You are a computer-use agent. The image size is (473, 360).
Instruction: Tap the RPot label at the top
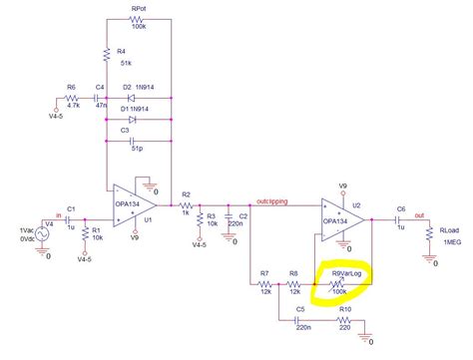tap(139, 9)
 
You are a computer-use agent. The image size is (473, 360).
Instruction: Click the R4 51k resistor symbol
tap(106, 55)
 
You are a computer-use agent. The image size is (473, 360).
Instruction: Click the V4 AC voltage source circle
tap(45, 236)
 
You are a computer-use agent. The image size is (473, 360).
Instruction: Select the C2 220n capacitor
tap(230, 215)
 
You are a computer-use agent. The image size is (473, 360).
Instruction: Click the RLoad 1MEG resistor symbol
tap(429, 235)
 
